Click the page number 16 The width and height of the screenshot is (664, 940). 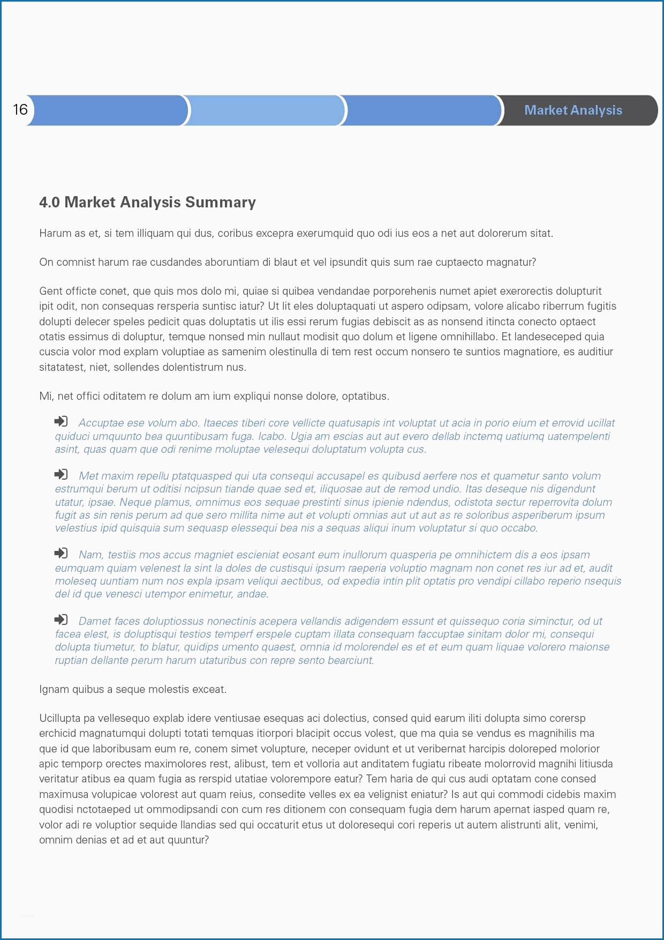click(x=20, y=110)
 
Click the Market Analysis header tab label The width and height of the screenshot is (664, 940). click(x=573, y=110)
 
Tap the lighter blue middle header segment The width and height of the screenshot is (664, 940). click(x=266, y=111)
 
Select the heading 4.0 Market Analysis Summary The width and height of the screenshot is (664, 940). click(x=147, y=202)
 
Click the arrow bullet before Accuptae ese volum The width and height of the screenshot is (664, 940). click(x=61, y=421)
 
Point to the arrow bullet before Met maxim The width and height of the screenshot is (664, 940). click(x=61, y=474)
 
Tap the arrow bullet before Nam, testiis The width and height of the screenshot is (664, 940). click(x=61, y=553)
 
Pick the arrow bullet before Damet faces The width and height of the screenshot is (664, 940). click(x=61, y=620)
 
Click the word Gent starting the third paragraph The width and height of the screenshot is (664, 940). click(x=50, y=291)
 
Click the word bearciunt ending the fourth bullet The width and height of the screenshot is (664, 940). click(x=350, y=660)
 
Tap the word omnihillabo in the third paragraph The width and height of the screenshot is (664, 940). click(x=468, y=337)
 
